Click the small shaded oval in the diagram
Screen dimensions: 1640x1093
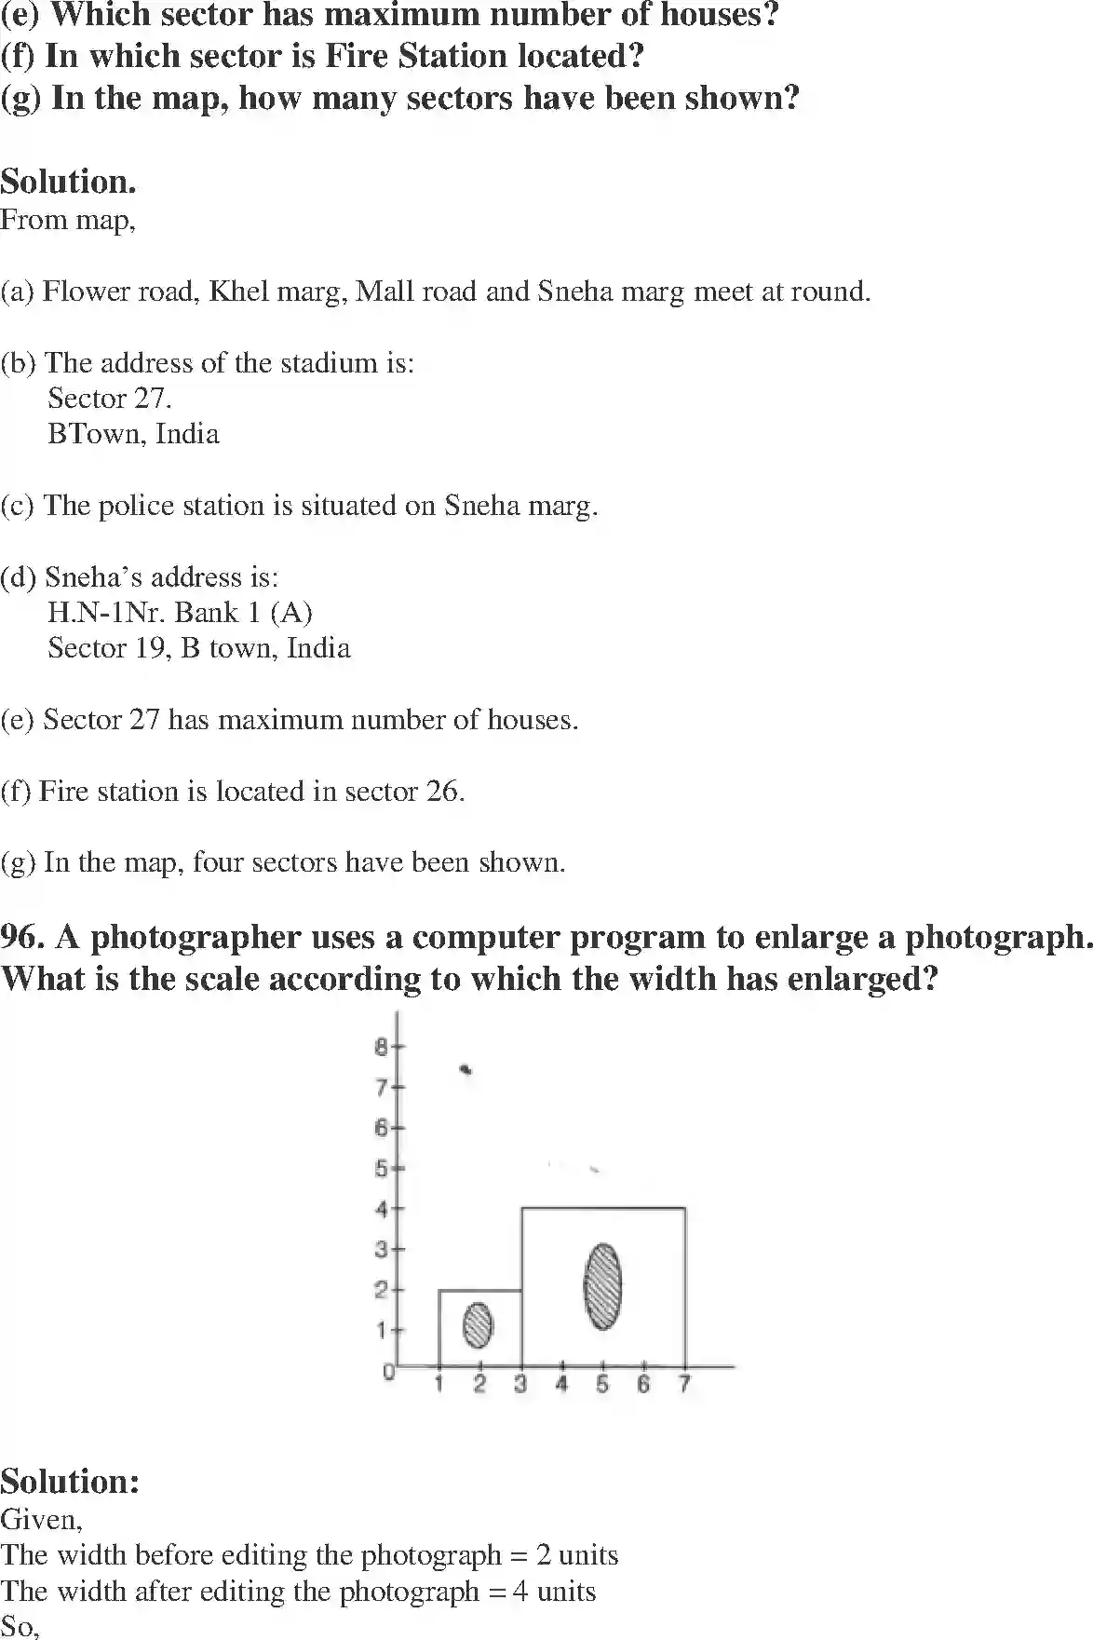(479, 1325)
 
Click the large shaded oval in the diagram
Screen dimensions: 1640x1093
(602, 1286)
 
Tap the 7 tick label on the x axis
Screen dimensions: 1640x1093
(684, 1385)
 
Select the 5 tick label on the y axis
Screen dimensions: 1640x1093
(382, 1168)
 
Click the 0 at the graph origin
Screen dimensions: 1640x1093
(389, 1372)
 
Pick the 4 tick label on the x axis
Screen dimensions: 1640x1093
(561, 1385)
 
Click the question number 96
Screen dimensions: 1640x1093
(22, 937)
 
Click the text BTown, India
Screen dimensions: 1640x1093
(133, 434)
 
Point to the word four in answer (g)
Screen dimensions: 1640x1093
(218, 862)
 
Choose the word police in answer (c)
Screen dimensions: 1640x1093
(136, 506)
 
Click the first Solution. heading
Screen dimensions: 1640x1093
(68, 181)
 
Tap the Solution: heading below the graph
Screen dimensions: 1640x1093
(70, 1481)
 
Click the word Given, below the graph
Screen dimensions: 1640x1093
(41, 1520)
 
